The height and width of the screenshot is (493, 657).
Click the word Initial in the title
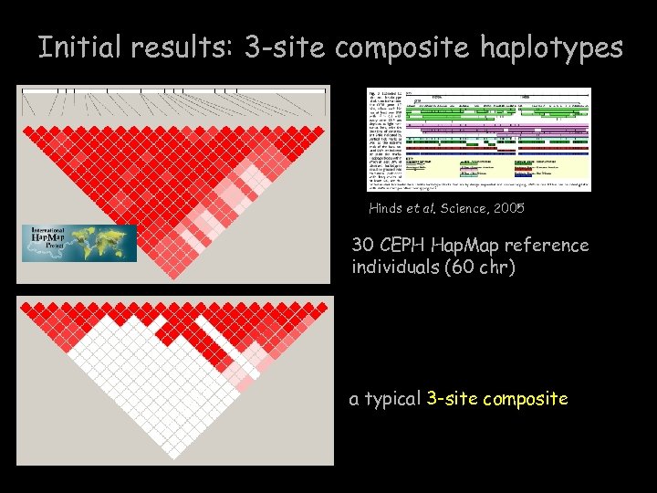79,47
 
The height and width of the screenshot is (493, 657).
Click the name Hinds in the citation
386,209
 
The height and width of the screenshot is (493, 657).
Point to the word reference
551,246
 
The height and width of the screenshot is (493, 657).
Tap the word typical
392,399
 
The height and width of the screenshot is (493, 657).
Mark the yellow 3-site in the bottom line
452,399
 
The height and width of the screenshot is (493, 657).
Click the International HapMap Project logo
78,243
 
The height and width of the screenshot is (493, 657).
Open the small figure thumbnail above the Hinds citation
478,139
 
